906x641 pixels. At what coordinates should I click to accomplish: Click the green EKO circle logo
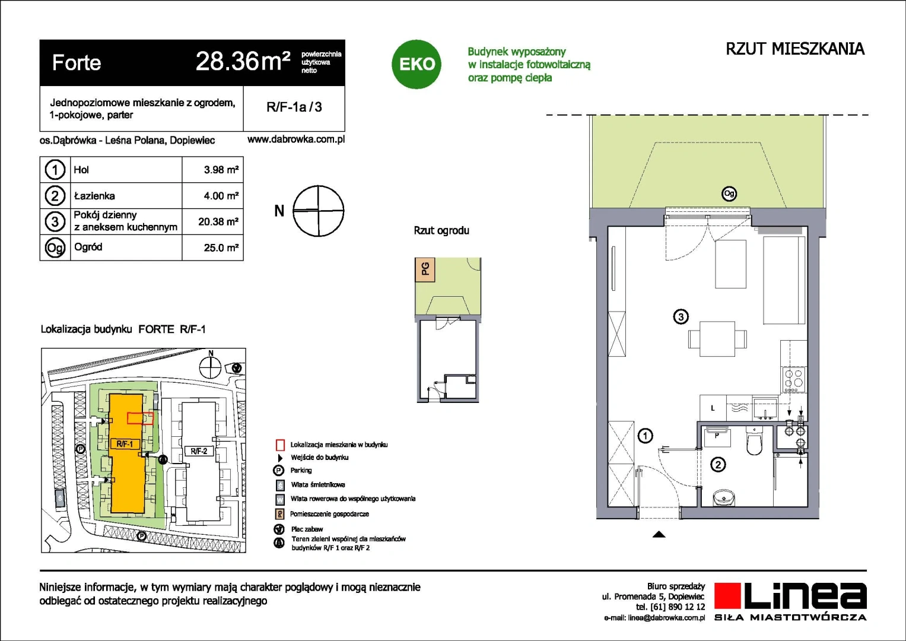(x=416, y=64)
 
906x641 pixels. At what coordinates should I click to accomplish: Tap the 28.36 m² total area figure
(x=243, y=62)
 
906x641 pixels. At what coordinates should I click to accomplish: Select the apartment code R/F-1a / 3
(x=294, y=107)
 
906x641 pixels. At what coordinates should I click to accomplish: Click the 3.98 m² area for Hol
(x=221, y=170)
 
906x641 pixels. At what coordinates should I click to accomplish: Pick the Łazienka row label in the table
(x=94, y=196)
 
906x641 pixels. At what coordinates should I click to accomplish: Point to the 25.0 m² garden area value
(x=221, y=247)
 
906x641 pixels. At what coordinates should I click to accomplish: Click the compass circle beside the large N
(x=318, y=211)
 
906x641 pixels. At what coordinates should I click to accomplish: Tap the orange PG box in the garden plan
(x=425, y=269)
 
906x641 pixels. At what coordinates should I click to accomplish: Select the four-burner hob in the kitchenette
(x=793, y=379)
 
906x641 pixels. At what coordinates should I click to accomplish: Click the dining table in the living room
(x=717, y=339)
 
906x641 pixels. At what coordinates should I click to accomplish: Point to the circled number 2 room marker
(x=718, y=464)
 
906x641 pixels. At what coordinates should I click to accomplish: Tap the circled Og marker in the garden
(x=729, y=193)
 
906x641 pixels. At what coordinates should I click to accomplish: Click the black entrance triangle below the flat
(x=659, y=534)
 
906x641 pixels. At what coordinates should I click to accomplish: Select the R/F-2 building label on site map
(x=199, y=451)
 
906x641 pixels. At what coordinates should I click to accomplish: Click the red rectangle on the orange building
(x=141, y=418)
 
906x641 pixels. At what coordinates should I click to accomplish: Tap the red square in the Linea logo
(x=727, y=596)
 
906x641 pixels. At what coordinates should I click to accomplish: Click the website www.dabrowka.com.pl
(x=296, y=139)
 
